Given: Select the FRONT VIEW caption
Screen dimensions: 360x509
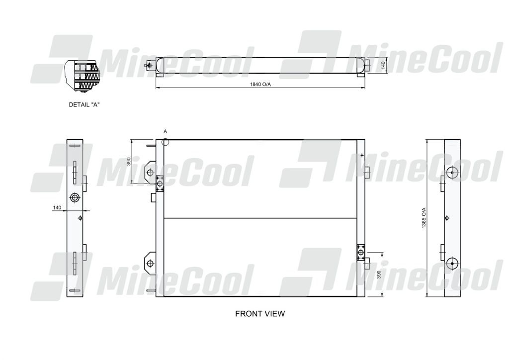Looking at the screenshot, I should [260, 314].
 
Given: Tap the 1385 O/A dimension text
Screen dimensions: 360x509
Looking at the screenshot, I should [424, 218].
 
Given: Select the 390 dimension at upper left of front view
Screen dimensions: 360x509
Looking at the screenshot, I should [128, 162].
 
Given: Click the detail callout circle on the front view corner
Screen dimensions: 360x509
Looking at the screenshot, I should [166, 142].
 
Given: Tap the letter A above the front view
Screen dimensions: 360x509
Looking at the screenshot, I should [166, 131].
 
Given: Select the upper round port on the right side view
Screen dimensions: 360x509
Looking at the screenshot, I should [452, 173].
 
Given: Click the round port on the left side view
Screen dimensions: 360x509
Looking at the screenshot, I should [75, 198].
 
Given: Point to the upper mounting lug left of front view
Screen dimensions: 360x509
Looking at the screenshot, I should [150, 173].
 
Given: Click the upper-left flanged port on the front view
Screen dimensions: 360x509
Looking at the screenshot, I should [160, 183].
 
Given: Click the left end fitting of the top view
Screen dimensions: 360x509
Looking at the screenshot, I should [148, 65].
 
